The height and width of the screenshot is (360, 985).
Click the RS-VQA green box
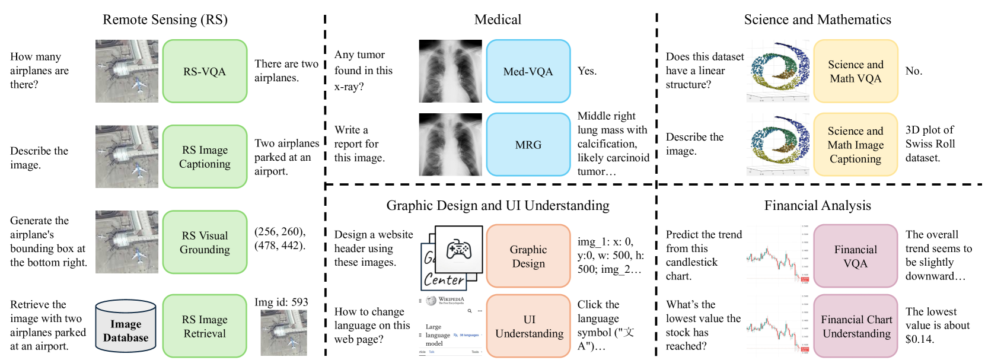tap(205, 71)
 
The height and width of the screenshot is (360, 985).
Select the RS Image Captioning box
tap(205, 157)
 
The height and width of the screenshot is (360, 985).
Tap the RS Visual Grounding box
tap(205, 242)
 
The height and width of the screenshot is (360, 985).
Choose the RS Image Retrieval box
tap(205, 326)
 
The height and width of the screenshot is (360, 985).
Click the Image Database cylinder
tap(126, 327)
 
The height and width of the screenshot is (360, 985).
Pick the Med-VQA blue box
tap(528, 71)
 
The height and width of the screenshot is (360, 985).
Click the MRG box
tap(528, 145)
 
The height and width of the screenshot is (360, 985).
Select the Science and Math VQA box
tap(855, 71)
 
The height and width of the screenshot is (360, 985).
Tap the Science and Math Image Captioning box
tap(855, 145)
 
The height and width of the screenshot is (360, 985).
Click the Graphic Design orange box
tap(528, 256)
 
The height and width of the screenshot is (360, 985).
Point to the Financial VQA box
tap(855, 256)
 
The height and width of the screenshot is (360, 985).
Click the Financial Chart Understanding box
tap(856, 326)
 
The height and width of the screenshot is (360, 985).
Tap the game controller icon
tap(458, 249)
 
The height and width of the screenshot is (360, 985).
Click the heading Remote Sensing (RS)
tap(165, 20)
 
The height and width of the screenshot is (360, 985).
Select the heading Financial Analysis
tap(817, 205)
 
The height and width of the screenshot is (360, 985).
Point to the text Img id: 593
tap(281, 302)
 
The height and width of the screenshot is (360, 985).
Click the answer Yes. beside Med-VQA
tap(587, 71)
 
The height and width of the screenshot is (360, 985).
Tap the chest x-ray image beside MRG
tap(450, 145)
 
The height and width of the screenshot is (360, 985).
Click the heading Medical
tap(498, 20)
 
